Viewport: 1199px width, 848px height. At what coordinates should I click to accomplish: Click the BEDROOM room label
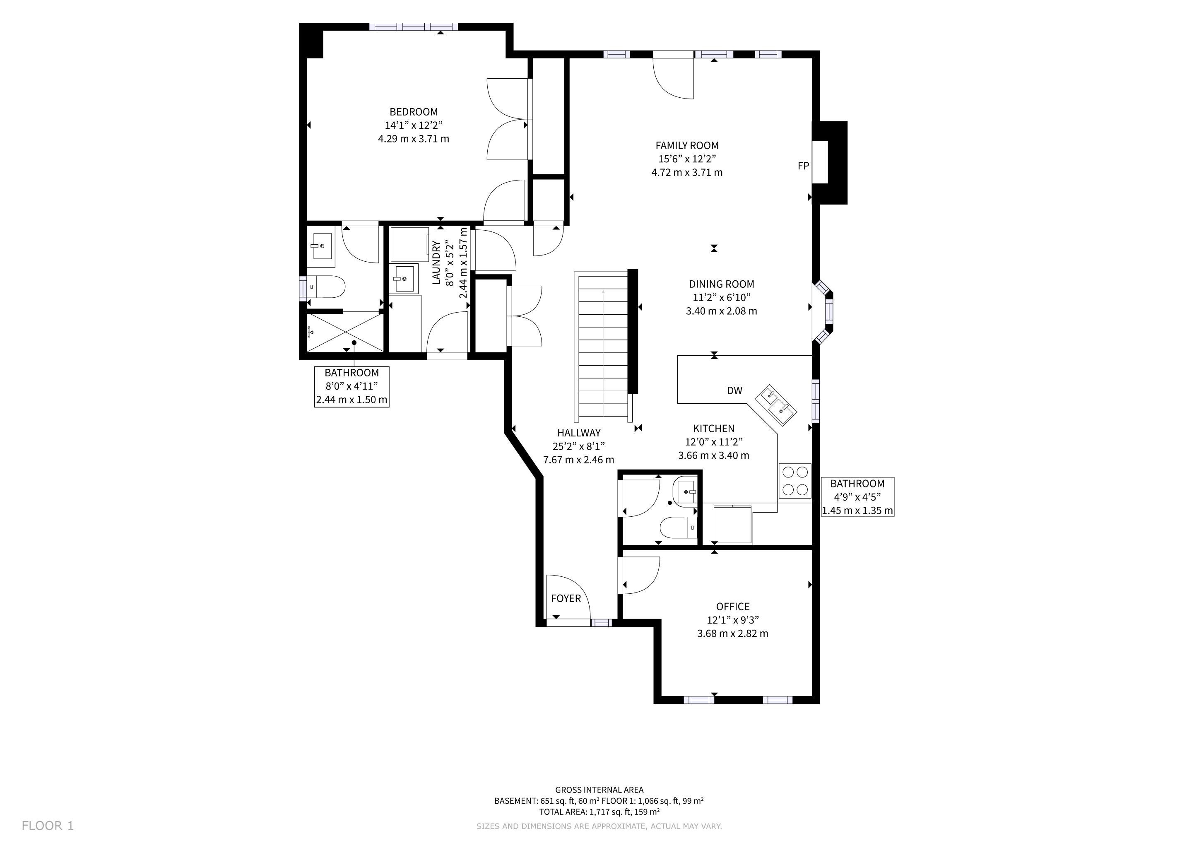point(414,112)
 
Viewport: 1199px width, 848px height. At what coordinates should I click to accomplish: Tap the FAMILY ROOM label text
point(687,146)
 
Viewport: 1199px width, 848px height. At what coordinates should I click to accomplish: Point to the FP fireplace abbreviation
point(803,166)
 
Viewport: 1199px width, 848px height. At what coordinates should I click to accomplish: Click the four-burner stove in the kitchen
point(795,481)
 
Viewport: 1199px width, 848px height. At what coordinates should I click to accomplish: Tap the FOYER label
point(566,598)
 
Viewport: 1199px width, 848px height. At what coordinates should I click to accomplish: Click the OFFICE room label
point(733,607)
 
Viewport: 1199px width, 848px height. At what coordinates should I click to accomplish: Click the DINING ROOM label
point(721,284)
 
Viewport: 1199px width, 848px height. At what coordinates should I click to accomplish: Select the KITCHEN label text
point(713,429)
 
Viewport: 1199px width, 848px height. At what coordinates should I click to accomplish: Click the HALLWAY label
point(579,433)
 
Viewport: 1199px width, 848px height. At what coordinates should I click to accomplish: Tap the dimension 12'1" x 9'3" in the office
point(733,620)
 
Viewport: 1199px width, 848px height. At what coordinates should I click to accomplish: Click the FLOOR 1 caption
point(48,826)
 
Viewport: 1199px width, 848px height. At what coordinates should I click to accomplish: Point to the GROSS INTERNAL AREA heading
point(599,790)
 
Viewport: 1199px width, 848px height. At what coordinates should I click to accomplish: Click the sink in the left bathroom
point(320,246)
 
